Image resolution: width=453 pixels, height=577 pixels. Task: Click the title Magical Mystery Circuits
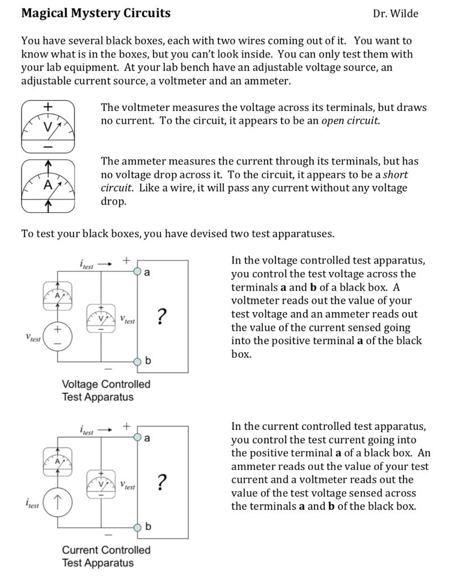click(x=95, y=13)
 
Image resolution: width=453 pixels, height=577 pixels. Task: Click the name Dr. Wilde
click(x=395, y=14)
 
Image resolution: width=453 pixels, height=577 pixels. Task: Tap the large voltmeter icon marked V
click(x=48, y=127)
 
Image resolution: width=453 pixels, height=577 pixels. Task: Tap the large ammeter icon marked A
click(x=48, y=186)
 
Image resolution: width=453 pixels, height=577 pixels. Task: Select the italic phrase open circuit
click(x=350, y=121)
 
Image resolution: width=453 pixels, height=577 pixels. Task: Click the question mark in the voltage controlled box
click(x=161, y=317)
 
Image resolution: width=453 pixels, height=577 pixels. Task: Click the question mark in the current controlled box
click(x=161, y=482)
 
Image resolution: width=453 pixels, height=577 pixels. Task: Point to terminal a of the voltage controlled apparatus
click(x=137, y=272)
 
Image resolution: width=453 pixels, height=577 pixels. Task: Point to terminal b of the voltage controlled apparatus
click(x=137, y=361)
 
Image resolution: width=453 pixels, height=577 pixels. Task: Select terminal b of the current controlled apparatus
click(x=137, y=527)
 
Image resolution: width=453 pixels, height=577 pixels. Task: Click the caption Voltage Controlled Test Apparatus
click(x=106, y=390)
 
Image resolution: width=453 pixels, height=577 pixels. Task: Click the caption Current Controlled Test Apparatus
click(x=106, y=556)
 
